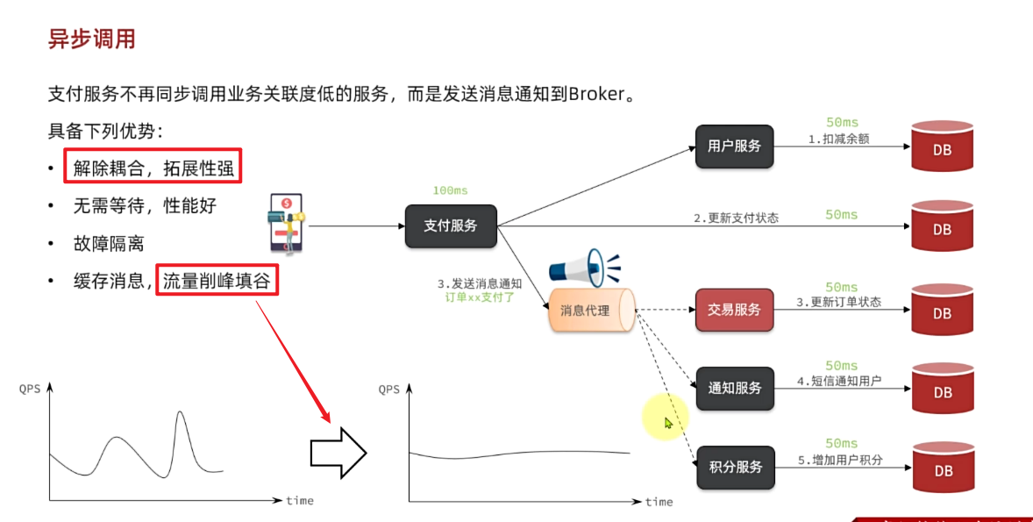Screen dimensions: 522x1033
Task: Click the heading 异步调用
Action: pos(91,39)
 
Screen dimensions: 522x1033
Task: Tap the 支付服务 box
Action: pos(451,225)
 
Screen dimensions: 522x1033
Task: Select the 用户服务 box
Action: pos(734,146)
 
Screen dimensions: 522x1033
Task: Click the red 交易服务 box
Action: pos(734,310)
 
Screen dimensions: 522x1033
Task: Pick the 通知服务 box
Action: pos(735,389)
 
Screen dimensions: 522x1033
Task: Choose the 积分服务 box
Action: pos(735,467)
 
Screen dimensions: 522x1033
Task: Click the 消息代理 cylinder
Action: pos(591,310)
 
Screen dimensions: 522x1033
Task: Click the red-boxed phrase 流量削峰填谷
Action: pos(217,281)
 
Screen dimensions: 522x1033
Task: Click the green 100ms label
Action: pos(450,190)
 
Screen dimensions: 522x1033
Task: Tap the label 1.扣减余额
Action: pos(838,139)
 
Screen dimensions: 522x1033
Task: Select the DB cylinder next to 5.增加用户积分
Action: pos(943,470)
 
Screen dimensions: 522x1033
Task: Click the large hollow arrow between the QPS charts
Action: pos(338,453)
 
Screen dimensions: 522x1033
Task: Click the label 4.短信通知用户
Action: pos(838,382)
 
